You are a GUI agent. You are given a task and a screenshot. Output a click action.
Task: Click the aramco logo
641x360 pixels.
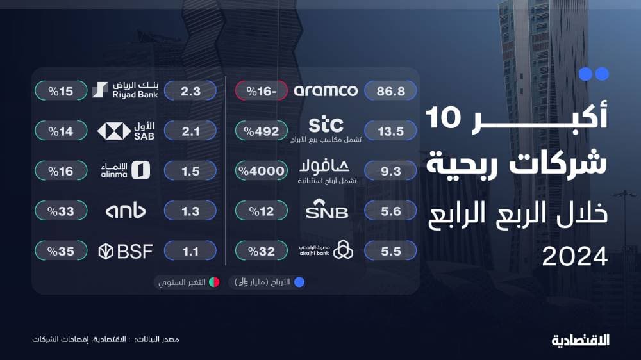(326, 91)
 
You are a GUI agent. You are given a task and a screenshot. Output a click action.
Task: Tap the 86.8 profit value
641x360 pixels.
(390, 91)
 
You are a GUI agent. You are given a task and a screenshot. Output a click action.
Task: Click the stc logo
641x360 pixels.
(326, 124)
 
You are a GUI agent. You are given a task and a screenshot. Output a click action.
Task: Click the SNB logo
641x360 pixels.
(327, 211)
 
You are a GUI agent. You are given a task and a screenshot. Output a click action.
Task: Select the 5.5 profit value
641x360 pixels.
(390, 251)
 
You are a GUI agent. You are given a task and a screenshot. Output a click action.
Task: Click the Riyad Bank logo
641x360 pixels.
(126, 90)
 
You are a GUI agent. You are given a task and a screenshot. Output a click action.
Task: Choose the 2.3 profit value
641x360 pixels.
(190, 91)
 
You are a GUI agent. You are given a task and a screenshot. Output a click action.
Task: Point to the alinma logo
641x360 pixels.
(126, 170)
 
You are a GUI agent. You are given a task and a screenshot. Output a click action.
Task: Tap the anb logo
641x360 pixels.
(125, 211)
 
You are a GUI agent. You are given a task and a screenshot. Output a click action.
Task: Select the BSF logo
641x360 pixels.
(125, 251)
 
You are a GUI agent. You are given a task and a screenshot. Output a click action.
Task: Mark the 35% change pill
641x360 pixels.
(62, 251)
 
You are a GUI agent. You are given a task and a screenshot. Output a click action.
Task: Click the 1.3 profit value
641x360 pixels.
(190, 211)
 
